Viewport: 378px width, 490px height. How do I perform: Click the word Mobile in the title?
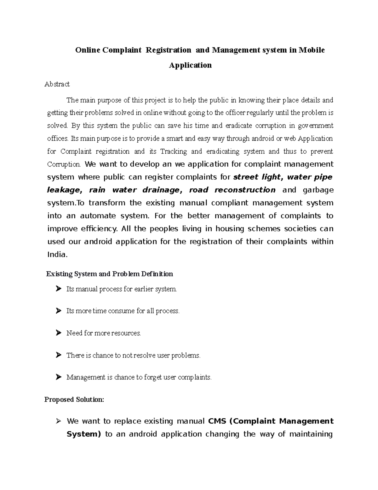[x=312, y=50]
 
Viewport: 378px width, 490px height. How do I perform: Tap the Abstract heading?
[x=57, y=84]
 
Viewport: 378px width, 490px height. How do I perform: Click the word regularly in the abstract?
[x=261, y=113]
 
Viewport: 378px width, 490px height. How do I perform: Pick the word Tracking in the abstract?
[x=174, y=151]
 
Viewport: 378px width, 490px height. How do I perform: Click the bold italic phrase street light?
[x=258, y=177]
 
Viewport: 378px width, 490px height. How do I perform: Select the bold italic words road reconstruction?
[x=232, y=190]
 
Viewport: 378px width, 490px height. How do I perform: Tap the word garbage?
[x=318, y=190]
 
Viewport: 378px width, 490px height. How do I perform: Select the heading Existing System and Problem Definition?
[x=110, y=274]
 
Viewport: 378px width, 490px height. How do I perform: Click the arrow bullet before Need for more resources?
[x=58, y=333]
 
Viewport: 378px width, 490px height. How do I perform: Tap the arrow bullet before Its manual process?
[x=58, y=289]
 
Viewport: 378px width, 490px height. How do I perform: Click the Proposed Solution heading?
[x=74, y=400]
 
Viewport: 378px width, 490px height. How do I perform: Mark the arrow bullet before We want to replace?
[x=58, y=421]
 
